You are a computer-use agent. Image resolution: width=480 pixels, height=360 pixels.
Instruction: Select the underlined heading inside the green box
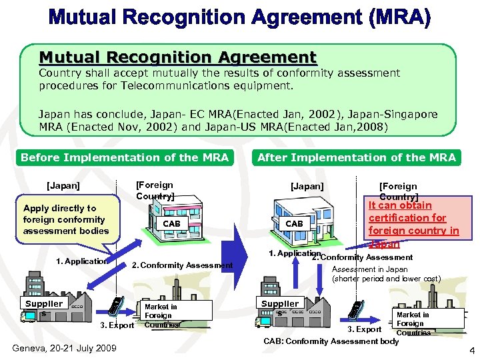tap(177, 57)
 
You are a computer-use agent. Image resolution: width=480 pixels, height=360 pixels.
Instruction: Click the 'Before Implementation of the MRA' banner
tap(125, 158)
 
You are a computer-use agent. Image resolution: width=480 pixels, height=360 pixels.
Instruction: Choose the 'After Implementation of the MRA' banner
tap(357, 158)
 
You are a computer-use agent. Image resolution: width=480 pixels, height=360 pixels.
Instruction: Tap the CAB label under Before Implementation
tap(171, 223)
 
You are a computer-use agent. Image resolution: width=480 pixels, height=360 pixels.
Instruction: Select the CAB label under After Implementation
tap(294, 224)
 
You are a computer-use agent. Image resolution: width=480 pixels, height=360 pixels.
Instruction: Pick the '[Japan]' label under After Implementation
tap(307, 187)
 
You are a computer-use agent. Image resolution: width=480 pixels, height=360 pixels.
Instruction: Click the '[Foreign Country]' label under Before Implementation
tap(155, 191)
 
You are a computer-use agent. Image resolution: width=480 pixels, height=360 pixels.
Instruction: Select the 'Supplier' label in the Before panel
tap(44, 304)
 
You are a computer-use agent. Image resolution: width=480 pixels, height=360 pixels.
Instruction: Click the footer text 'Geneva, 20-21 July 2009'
tap(64, 348)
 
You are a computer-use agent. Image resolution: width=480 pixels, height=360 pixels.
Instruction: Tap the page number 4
tap(471, 351)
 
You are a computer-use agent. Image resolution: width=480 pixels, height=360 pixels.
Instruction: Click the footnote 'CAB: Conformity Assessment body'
tap(331, 341)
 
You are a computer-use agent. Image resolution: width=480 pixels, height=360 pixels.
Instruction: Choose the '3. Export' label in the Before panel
tap(117, 325)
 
